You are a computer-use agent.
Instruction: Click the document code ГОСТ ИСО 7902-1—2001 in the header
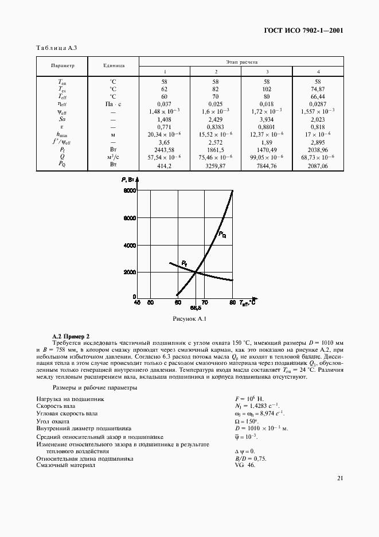pos(311,30)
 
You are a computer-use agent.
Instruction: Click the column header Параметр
pos(62,66)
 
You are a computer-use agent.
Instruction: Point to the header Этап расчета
pos(241,60)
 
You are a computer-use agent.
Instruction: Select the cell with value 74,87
pos(318,89)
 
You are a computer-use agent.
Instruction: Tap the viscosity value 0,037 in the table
pos(165,104)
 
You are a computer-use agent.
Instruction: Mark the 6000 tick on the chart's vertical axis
pos(130,219)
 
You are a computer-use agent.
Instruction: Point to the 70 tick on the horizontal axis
pos(205,302)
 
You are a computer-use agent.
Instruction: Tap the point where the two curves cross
pos(196,272)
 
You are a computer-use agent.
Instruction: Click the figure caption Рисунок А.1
pos(189,318)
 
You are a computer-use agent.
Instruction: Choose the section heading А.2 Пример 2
pos(71,335)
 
